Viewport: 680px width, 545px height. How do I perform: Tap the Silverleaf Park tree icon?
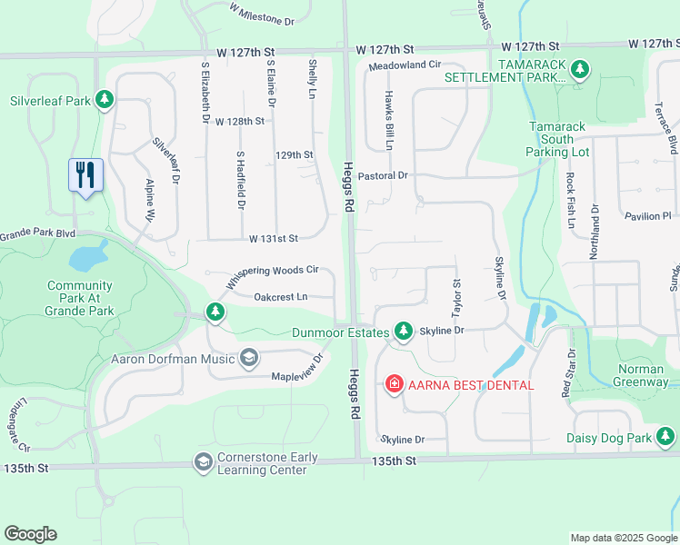pyautogui.click(x=105, y=99)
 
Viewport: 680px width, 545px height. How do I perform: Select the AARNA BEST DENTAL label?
pyautogui.click(x=470, y=385)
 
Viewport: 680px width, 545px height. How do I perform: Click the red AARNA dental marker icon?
pyautogui.click(x=395, y=384)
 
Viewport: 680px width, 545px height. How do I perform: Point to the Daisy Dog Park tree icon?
pyautogui.click(x=666, y=438)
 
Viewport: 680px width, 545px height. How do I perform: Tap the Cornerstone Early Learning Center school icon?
pyautogui.click(x=203, y=463)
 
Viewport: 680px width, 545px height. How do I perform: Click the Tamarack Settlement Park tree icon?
pyautogui.click(x=577, y=69)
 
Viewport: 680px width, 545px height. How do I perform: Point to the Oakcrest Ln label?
pyautogui.click(x=280, y=296)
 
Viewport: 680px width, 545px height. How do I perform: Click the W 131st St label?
pyautogui.click(x=274, y=239)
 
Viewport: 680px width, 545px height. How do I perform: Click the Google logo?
pyautogui.click(x=30, y=534)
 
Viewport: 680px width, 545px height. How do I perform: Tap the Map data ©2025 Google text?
pyautogui.click(x=623, y=538)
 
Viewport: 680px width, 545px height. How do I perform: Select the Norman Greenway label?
pyautogui.click(x=629, y=375)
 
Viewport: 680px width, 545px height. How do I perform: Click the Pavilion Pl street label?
pyautogui.click(x=647, y=216)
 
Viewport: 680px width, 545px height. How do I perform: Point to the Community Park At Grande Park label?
pyautogui.click(x=80, y=298)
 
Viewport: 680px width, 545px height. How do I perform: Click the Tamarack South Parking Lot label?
pyautogui.click(x=557, y=139)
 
